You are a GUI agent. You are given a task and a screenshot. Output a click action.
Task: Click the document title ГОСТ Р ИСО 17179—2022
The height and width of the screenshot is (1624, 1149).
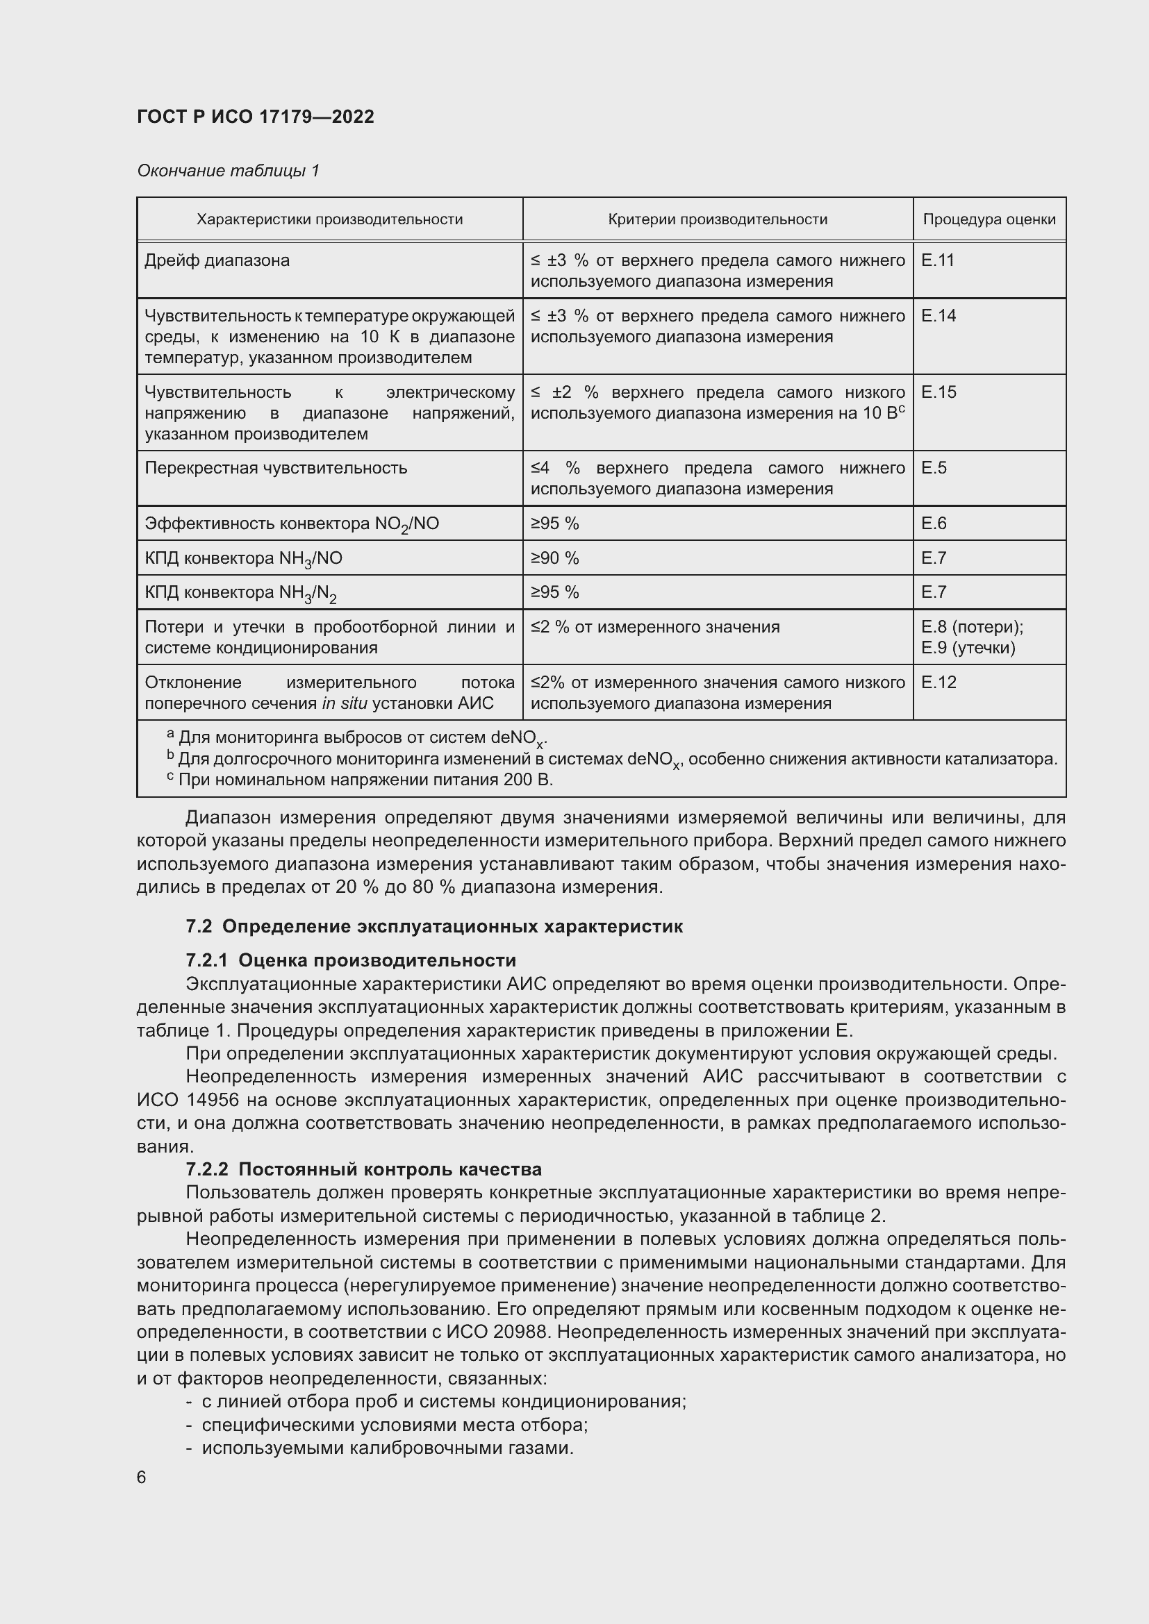pos(256,117)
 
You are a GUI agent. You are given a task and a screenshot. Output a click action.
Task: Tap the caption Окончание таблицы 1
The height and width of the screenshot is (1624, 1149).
pos(228,171)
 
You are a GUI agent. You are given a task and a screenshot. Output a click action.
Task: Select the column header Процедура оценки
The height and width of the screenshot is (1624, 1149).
pos(989,219)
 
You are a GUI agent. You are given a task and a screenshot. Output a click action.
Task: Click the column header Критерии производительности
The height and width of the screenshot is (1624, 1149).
pos(718,219)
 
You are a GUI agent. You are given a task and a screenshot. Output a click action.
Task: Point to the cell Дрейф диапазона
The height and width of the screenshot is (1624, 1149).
pos(217,260)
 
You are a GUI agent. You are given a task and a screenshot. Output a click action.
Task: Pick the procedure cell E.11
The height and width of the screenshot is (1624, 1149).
pos(937,260)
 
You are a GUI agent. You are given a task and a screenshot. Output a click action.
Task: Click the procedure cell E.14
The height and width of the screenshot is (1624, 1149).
pos(938,315)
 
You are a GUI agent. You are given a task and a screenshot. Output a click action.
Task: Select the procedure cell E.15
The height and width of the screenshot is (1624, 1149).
pos(938,392)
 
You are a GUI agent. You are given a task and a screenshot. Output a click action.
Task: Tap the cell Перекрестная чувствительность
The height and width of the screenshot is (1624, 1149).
pos(276,467)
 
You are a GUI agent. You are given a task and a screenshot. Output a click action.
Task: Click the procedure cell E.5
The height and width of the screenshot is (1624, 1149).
pos(933,467)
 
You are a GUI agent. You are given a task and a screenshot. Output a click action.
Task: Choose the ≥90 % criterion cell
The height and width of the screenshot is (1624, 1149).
pos(554,558)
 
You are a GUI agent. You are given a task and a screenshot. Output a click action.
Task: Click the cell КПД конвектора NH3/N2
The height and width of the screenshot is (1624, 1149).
pos(240,593)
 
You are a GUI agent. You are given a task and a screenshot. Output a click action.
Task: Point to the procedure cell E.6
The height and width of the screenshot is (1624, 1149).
pos(933,524)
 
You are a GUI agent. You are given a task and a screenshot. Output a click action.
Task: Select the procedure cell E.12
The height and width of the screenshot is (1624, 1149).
pos(938,682)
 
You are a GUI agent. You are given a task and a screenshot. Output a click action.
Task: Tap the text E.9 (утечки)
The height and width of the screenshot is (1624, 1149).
pos(968,647)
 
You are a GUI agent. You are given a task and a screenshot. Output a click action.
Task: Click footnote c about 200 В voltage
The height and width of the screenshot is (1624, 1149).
pos(361,780)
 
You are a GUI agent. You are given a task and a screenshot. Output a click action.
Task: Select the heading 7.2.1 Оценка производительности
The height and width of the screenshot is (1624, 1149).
pos(351,960)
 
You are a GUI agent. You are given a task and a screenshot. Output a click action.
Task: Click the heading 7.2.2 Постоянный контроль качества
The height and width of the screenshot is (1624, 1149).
pos(363,1169)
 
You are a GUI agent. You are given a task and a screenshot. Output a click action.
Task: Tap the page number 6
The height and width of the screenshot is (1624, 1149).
pos(142,1477)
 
